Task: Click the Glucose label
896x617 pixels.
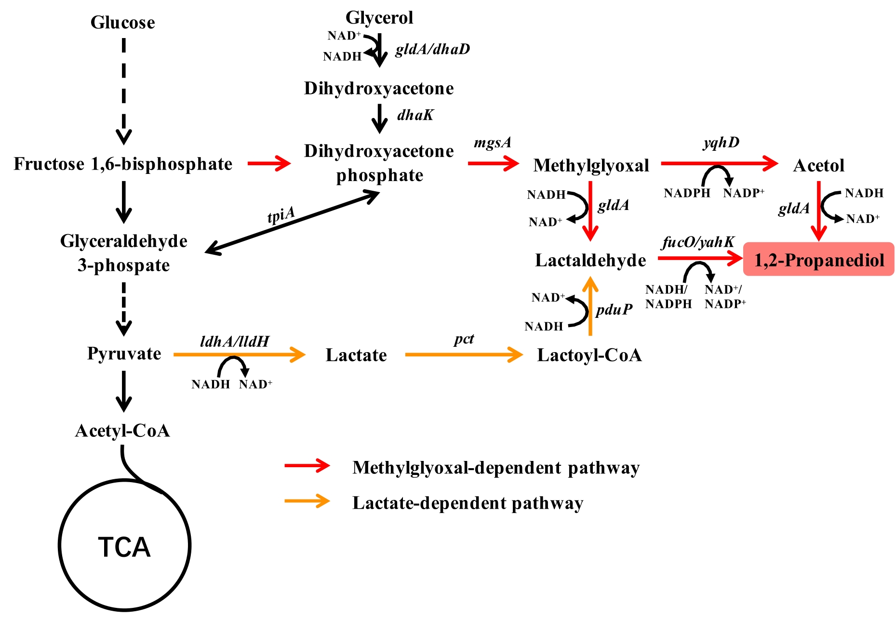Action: point(123,23)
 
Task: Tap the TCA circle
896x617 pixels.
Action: point(124,546)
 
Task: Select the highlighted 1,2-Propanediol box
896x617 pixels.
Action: point(818,260)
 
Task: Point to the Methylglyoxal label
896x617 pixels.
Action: point(591,166)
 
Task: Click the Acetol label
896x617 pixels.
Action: point(818,166)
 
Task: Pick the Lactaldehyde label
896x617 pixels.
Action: point(590,261)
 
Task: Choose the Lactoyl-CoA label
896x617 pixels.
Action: point(589,355)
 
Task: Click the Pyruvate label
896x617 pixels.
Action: point(124,354)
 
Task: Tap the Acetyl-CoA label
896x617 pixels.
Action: point(122,431)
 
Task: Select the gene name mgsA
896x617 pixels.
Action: point(492,143)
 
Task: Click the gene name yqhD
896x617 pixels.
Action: point(721,142)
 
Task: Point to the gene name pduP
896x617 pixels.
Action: point(614,310)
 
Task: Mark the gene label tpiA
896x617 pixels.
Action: point(281,215)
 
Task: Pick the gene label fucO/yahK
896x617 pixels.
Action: point(698,242)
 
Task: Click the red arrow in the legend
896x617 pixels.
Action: point(307,466)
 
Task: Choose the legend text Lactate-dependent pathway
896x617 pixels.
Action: point(468,503)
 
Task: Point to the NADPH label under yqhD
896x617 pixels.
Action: point(687,193)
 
